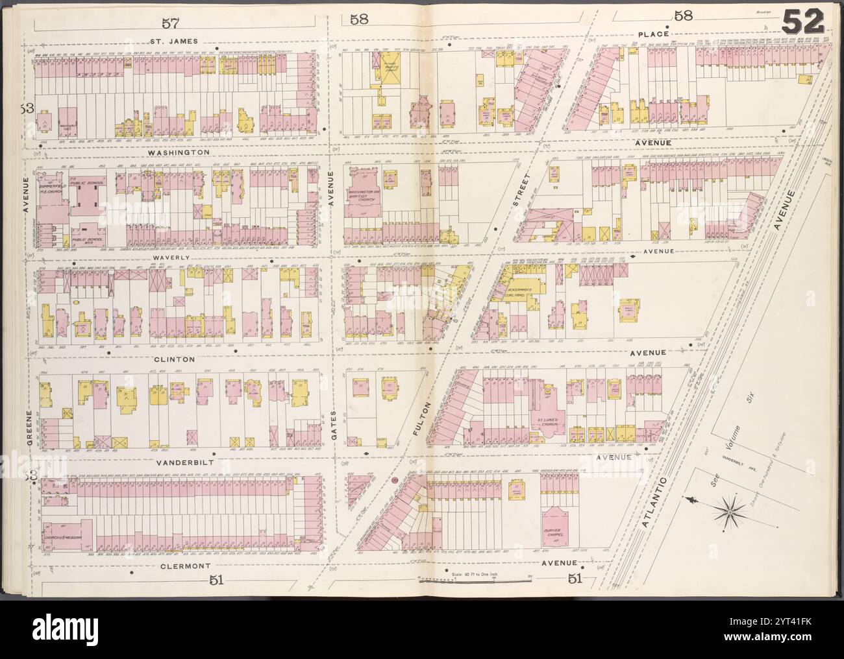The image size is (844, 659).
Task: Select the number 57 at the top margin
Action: click(153, 23)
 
